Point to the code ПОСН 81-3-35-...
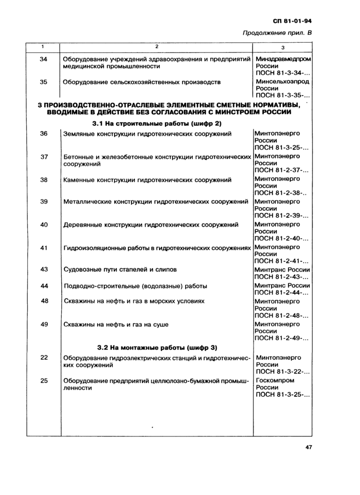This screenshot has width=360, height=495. [x=282, y=95]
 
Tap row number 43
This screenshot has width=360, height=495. [x=44, y=269]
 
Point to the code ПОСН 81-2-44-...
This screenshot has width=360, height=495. [x=282, y=292]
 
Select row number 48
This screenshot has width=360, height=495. [x=44, y=301]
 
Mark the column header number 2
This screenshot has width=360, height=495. [x=156, y=47]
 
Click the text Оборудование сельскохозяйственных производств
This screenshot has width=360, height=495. [x=141, y=82]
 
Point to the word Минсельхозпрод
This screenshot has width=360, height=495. [x=282, y=82]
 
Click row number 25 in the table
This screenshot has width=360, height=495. [x=44, y=381]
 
